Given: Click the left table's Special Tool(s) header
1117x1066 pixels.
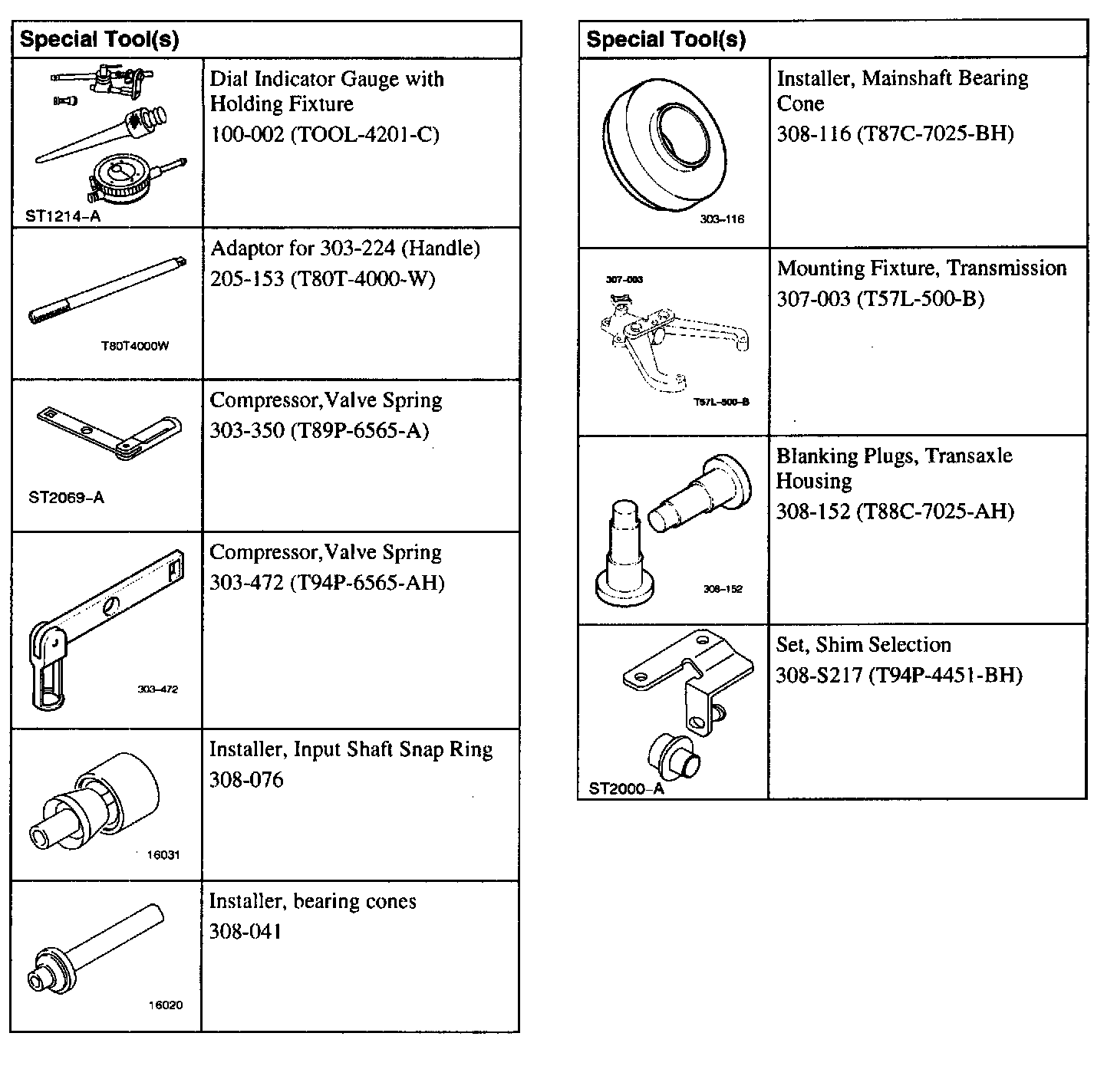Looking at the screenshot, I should tap(99, 40).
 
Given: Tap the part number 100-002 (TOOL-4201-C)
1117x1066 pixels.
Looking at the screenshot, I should tap(325, 135).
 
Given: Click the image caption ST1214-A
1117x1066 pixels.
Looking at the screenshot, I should tap(63, 216).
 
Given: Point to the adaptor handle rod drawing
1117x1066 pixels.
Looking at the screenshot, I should tap(107, 288).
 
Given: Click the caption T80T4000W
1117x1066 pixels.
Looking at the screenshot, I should tap(134, 346).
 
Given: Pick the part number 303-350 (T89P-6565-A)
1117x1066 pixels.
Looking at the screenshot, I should tap(319, 430).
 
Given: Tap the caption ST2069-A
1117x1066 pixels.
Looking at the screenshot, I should tap(66, 498).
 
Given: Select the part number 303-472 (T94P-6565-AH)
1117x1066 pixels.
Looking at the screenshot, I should tap(327, 583).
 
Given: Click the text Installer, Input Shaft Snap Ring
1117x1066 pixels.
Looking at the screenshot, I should tap(351, 749).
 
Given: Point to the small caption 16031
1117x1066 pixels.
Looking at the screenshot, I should tap(163, 855).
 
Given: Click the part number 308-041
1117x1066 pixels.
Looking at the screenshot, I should tap(245, 932).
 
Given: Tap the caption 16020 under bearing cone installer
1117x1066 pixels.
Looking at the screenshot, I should tap(166, 1005).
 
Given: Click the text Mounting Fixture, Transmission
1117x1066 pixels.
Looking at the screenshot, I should tap(921, 268).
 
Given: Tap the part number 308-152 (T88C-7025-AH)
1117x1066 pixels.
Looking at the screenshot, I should tap(895, 512).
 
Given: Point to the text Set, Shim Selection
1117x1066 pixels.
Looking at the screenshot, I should tap(863, 645).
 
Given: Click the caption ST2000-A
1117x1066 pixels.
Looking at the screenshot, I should tap(626, 788).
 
